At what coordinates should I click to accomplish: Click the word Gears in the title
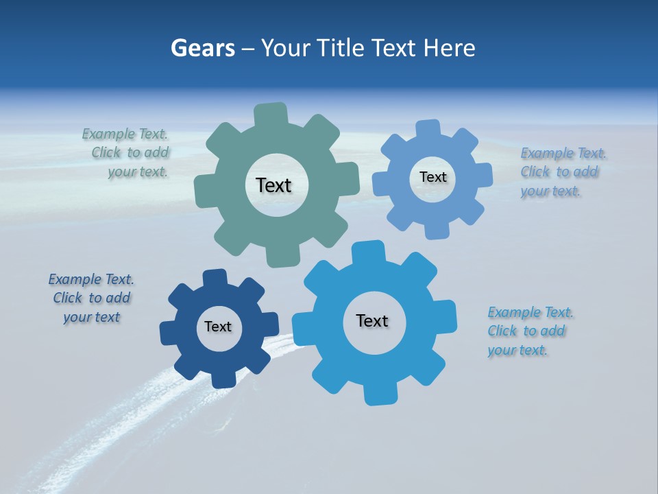202,48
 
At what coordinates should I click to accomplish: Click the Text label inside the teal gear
273,185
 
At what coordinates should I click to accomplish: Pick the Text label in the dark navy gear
218,327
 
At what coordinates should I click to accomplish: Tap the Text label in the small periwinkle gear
432,177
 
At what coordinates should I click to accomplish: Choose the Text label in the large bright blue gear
372,320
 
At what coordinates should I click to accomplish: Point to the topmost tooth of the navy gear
215,277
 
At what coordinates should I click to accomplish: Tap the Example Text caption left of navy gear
91,298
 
